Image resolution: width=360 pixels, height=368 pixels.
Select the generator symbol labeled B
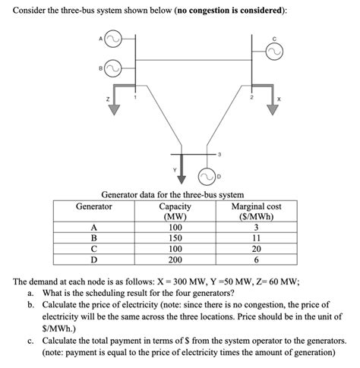(x=112, y=69)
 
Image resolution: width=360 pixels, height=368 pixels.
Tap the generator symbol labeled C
(x=274, y=52)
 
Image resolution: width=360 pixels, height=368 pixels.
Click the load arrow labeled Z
(x=115, y=106)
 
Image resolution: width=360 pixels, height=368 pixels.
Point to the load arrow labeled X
(x=271, y=106)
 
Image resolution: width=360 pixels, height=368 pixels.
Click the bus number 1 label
(x=135, y=97)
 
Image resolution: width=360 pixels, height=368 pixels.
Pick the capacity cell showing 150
(x=175, y=237)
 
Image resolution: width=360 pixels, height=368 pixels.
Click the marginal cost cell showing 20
(x=256, y=248)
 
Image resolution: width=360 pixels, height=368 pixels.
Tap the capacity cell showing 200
(x=175, y=259)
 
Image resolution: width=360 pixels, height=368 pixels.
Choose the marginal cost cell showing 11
(x=256, y=237)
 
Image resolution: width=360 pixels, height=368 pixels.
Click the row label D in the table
(x=93, y=259)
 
